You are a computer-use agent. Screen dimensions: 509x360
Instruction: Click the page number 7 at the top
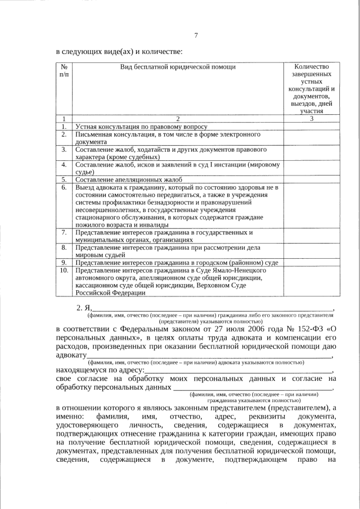(196, 36)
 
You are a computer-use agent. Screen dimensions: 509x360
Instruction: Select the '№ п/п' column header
(64, 70)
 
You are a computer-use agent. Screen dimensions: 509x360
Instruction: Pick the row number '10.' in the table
(64, 270)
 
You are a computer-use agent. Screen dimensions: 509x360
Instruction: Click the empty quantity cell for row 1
(311, 127)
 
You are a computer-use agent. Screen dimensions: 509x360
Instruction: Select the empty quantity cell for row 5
(311, 179)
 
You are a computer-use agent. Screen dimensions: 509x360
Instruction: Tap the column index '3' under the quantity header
(311, 119)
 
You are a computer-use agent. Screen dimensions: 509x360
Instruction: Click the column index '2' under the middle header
(178, 119)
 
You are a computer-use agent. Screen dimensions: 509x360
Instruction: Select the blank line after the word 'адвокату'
(208, 356)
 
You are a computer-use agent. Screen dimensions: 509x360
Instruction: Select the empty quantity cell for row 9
(311, 262)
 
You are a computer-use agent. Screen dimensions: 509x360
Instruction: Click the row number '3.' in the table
(64, 150)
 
